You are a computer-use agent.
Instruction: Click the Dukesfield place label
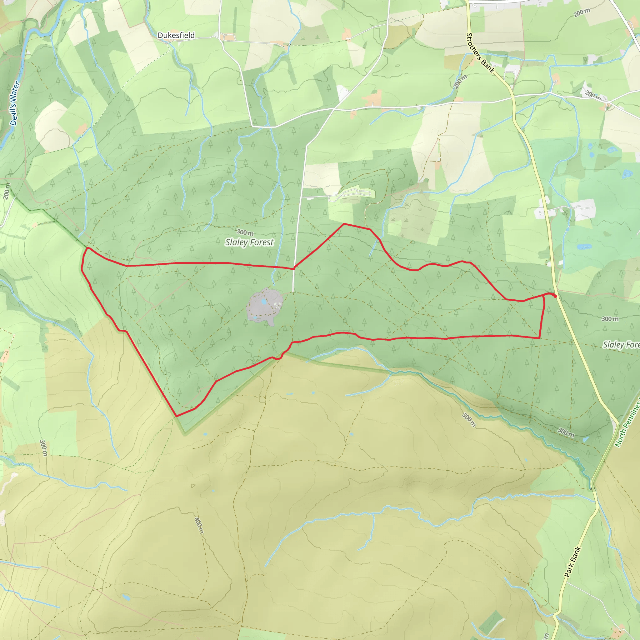[x=176, y=35]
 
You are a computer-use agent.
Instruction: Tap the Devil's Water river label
[x=15, y=103]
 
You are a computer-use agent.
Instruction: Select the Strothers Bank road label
[x=480, y=53]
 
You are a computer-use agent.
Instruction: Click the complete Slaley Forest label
[x=249, y=242]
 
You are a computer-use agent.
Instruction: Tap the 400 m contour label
[x=198, y=525]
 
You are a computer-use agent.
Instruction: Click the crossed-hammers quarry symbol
[x=277, y=305]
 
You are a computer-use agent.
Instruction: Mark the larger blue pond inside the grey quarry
[x=264, y=302]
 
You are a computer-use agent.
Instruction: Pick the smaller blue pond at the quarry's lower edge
[x=255, y=318]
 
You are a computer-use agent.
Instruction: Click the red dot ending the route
[x=555, y=296]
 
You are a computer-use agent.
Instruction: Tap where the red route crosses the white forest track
[x=294, y=268]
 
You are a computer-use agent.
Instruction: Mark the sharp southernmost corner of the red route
[x=176, y=416]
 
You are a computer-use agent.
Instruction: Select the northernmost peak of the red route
[x=344, y=224]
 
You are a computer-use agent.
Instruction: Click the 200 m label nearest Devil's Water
[x=7, y=191]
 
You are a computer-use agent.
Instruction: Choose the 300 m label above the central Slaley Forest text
[x=245, y=232]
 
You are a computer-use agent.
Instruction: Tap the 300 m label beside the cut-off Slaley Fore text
[x=610, y=319]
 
